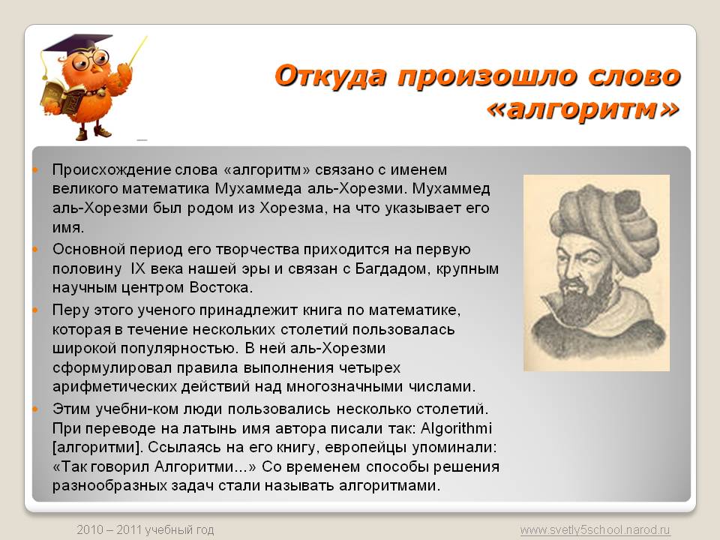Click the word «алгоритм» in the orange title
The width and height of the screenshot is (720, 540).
[x=583, y=109]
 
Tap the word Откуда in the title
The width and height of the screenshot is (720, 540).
[x=331, y=76]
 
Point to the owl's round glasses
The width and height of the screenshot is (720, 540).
[x=91, y=60]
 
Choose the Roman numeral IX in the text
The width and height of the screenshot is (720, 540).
[x=138, y=268]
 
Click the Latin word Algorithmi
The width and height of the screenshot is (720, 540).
[x=456, y=428]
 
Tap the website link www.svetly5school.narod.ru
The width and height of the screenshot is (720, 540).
[x=595, y=530]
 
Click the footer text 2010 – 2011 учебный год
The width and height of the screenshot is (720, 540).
[x=145, y=530]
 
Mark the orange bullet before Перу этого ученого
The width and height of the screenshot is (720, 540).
[x=35, y=310]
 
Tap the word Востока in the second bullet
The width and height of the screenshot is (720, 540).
[x=220, y=288]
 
